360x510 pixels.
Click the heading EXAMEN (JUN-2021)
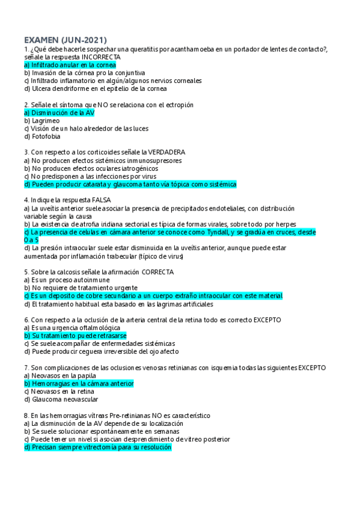tap(59, 38)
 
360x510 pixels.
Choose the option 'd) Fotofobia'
tap(43, 137)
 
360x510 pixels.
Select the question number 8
tap(26, 416)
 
